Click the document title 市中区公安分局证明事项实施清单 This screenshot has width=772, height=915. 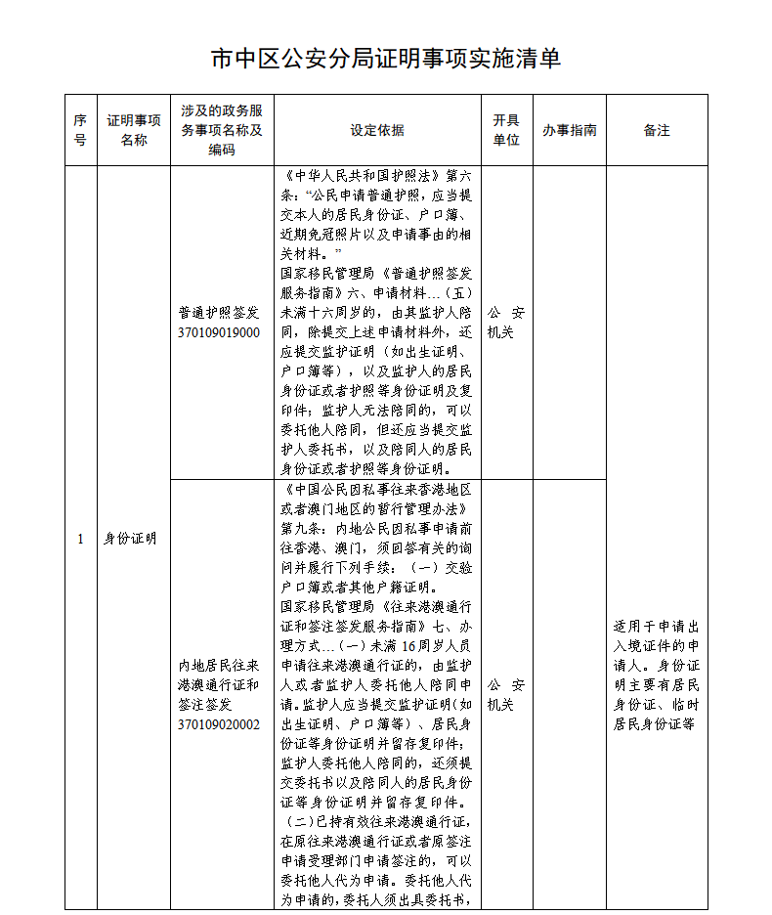[x=386, y=59]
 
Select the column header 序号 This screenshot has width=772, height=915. [x=80, y=130]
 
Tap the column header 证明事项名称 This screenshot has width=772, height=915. [x=134, y=130]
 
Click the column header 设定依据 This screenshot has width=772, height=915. [x=377, y=130]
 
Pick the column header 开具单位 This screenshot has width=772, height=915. [x=506, y=130]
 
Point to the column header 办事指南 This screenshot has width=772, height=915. [x=570, y=130]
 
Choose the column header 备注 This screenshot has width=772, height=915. [x=657, y=130]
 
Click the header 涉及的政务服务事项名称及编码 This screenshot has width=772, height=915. [x=222, y=130]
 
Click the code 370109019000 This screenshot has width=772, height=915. [x=219, y=332]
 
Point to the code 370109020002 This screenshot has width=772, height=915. [x=219, y=724]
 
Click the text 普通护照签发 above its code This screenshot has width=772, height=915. [x=219, y=313]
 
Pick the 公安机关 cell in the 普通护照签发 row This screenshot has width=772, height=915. [x=506, y=323]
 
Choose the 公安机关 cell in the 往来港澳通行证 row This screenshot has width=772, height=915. [x=506, y=695]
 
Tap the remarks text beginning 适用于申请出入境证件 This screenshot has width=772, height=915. [x=657, y=675]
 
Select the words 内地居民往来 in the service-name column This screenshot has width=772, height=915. [x=219, y=666]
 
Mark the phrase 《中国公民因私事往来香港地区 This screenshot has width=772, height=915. [x=377, y=489]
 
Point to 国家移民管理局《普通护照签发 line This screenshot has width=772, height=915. [x=377, y=275]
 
